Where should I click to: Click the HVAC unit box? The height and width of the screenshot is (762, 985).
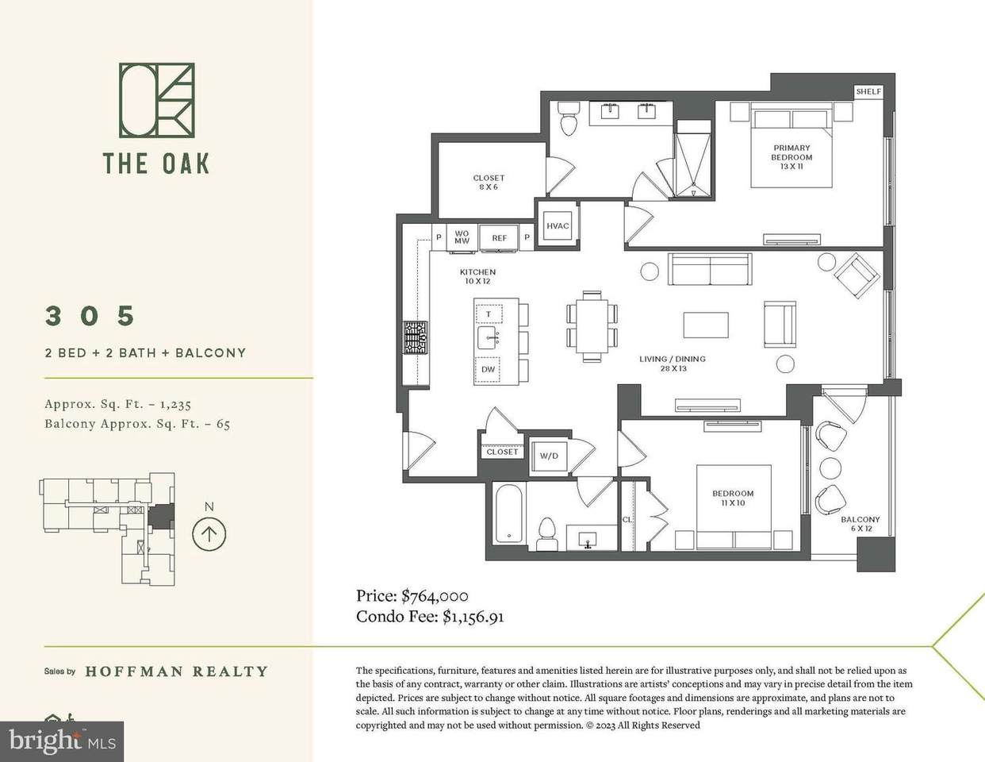click(x=557, y=226)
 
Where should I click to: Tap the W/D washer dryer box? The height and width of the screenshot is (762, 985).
click(x=549, y=456)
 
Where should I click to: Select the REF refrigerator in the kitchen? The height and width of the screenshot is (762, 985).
click(x=499, y=237)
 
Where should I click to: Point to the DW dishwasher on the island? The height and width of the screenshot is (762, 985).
click(x=489, y=369)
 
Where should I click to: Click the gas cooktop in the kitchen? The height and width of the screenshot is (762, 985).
click(x=416, y=337)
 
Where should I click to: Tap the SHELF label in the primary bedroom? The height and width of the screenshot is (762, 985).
click(x=868, y=91)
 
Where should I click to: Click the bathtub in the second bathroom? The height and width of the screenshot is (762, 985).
click(x=508, y=513)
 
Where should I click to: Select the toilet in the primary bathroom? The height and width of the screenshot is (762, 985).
click(x=569, y=118)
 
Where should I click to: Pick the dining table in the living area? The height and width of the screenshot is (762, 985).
click(x=592, y=325)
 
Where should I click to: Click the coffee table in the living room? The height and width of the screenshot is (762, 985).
click(x=706, y=325)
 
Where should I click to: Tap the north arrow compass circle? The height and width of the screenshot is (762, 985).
click(x=209, y=534)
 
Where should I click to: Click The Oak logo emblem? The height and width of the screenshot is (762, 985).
click(x=157, y=100)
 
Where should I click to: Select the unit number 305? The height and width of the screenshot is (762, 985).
click(x=90, y=316)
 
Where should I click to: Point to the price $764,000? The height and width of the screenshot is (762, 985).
click(x=435, y=595)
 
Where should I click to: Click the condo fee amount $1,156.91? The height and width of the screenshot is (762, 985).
click(x=473, y=617)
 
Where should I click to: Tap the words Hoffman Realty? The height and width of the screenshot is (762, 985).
click(x=177, y=672)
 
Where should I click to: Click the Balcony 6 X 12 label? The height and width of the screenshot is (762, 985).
click(x=860, y=524)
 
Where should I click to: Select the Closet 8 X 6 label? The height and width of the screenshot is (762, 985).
click(x=489, y=183)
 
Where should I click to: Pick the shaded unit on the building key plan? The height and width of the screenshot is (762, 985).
click(x=161, y=517)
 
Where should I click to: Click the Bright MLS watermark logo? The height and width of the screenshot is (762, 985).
click(x=62, y=741)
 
